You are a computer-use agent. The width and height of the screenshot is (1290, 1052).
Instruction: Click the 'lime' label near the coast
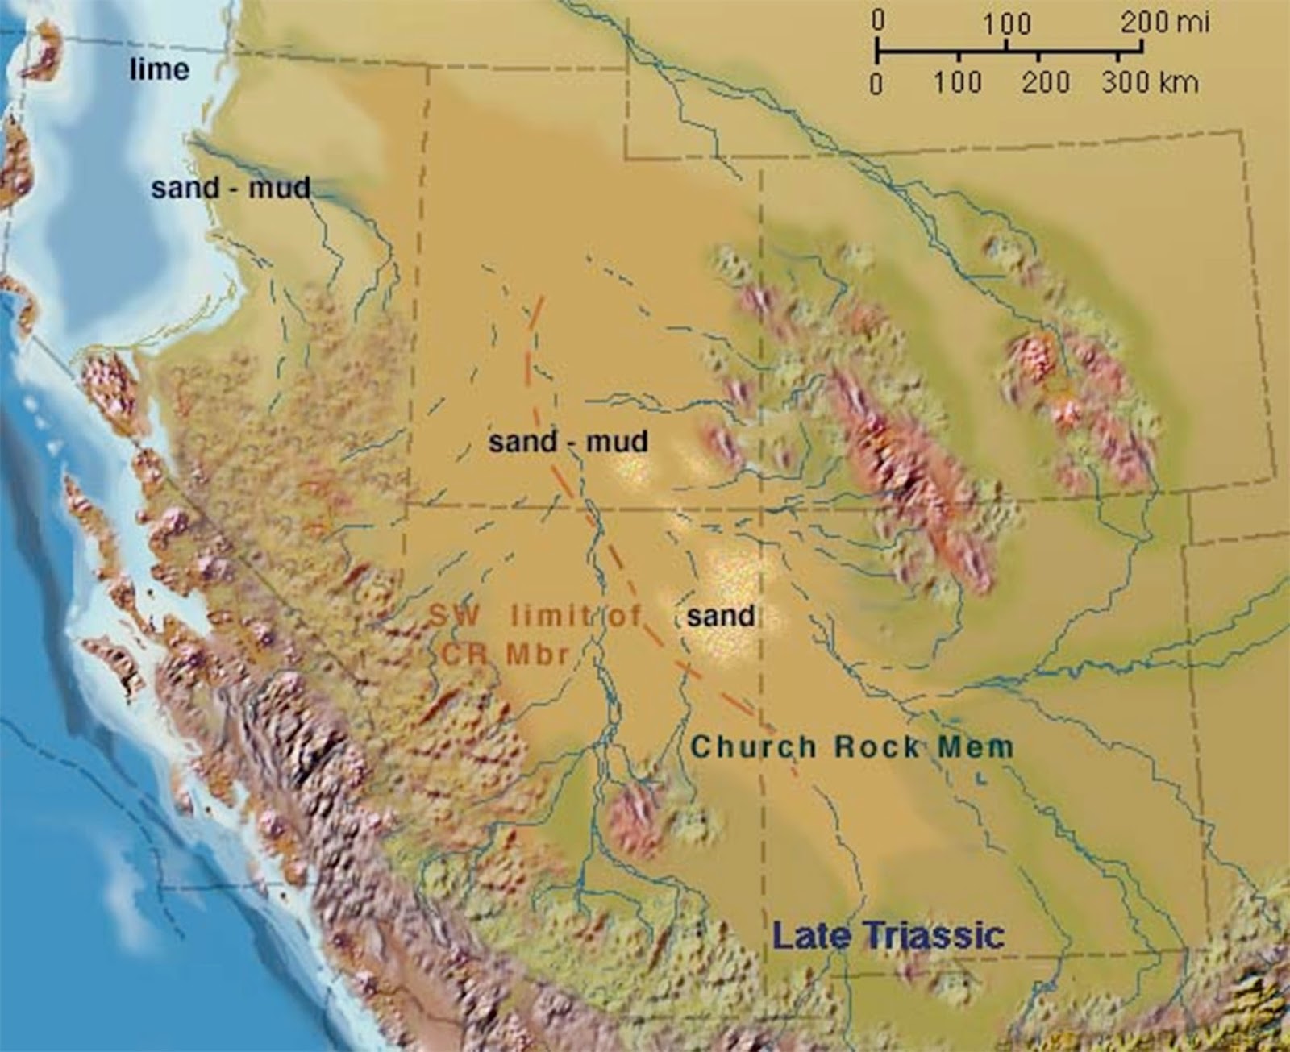point(160,70)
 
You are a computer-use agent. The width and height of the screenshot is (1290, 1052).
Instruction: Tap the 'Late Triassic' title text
point(888,936)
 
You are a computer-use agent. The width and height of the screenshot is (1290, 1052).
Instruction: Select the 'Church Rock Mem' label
point(851,746)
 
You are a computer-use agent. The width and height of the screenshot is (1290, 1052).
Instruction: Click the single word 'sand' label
point(720,616)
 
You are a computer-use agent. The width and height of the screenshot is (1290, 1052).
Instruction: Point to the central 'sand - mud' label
point(568,442)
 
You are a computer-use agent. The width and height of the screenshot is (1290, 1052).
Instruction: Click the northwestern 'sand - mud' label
point(231,189)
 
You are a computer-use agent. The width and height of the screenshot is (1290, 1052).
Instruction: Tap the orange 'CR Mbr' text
point(506,653)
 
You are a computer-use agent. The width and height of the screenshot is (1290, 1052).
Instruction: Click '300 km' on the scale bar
point(1149,82)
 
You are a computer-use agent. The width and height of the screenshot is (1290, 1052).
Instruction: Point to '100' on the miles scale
point(1006,24)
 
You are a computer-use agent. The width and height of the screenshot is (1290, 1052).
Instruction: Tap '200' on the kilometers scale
point(1045,82)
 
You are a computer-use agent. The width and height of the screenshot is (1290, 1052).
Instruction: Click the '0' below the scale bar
point(877,83)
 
